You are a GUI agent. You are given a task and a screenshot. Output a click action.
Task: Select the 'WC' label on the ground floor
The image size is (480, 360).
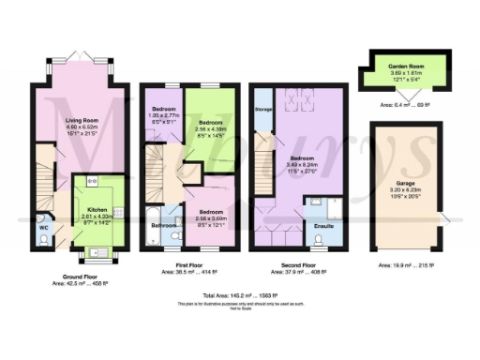tap(43, 227)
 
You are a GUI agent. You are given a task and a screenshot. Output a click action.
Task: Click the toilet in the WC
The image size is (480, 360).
tap(44, 239)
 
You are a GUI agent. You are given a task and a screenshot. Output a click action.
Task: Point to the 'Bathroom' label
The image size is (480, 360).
tap(165, 225)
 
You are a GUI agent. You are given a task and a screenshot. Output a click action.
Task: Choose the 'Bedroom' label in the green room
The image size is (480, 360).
tap(210, 123)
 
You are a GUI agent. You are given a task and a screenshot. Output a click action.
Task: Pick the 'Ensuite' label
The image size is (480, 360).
tap(321, 225)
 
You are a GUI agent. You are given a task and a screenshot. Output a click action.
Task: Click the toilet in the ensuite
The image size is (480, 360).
tap(322, 240)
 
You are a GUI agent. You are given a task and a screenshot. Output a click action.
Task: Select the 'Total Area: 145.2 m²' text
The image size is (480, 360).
tap(239, 296)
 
